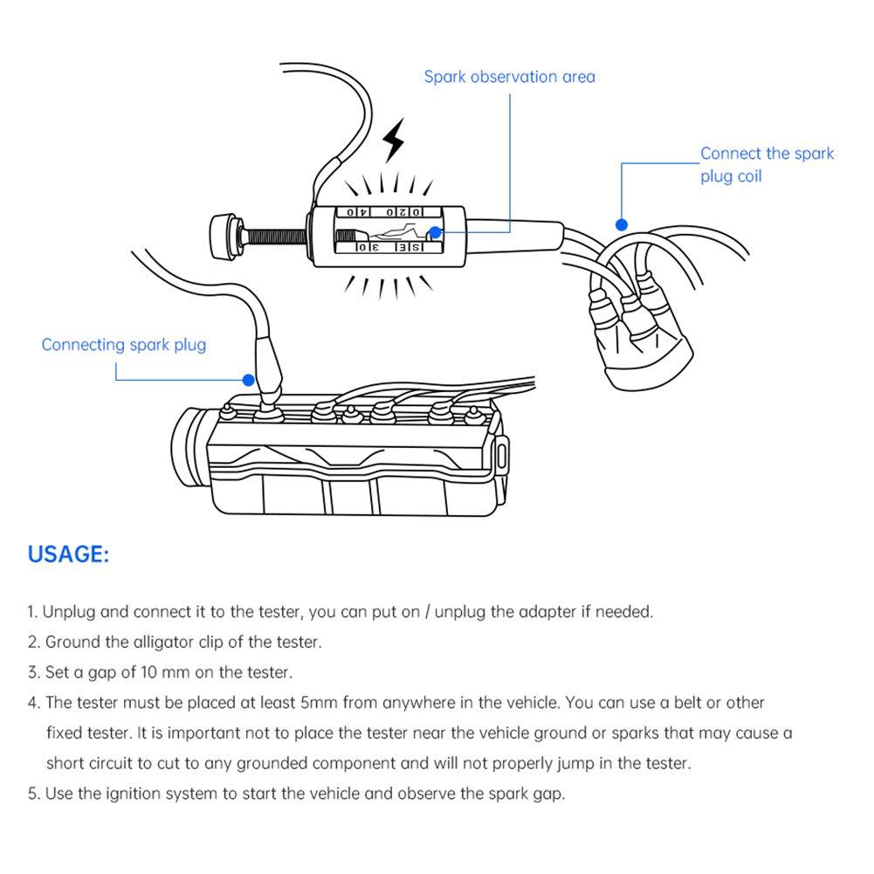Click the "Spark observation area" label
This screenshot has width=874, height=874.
pyautogui.click(x=509, y=77)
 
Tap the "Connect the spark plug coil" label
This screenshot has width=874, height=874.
pyautogui.click(x=766, y=164)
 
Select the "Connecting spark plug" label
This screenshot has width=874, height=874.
pyautogui.click(x=124, y=344)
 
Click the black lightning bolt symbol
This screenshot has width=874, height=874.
pyautogui.click(x=395, y=139)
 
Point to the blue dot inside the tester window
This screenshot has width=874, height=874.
pyautogui.click(x=434, y=233)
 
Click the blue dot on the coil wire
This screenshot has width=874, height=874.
pyautogui.click(x=621, y=224)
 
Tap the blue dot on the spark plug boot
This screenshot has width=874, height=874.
pyautogui.click(x=249, y=380)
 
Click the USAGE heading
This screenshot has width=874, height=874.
pyautogui.click(x=68, y=554)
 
